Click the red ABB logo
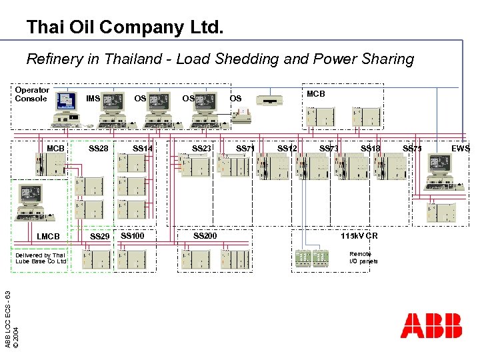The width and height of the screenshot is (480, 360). (431, 326)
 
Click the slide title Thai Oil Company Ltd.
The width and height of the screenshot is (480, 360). (125, 27)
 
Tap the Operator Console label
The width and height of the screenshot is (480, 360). (31, 95)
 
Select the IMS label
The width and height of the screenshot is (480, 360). (93, 99)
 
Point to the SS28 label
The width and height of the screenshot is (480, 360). (99, 148)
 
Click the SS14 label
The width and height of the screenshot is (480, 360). (143, 148)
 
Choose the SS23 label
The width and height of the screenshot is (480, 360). (202, 148)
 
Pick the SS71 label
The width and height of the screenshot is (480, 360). (245, 148)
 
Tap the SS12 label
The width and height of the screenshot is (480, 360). (287, 148)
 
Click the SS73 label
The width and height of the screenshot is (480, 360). (329, 148)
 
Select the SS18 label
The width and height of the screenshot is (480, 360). (371, 148)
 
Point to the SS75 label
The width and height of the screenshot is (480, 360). (412, 148)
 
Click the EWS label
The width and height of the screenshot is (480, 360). (461, 148)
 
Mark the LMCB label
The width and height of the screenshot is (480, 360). (48, 237)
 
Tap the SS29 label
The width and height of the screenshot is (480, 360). (99, 237)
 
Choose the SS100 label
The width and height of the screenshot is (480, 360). (132, 236)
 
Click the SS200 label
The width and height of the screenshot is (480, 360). (205, 236)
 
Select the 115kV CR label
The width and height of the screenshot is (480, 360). (359, 236)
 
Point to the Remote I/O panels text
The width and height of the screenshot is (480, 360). (363, 257)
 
